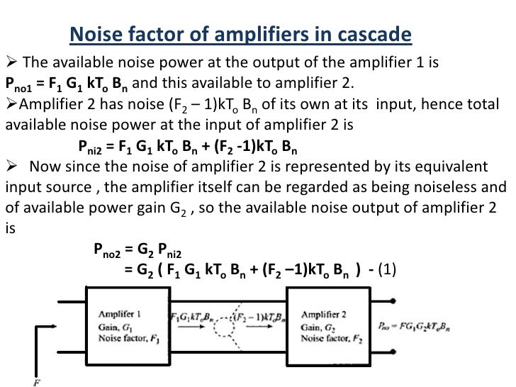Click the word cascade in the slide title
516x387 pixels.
[374, 34]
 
